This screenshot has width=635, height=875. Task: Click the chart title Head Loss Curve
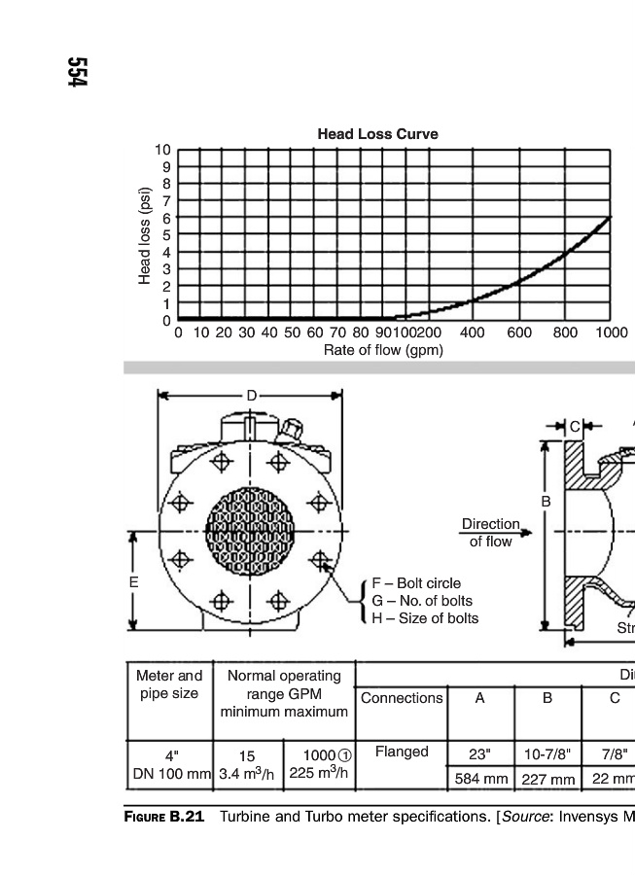pos(377,134)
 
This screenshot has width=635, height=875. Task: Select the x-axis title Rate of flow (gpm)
pos(383,350)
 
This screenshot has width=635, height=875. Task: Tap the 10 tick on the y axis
pos(161,150)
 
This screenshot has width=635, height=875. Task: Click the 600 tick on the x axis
pos(518,333)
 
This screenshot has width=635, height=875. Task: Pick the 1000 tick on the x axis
pos(612,333)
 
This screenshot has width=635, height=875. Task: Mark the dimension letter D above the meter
pos(251,396)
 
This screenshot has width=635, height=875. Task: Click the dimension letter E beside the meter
pos(134,581)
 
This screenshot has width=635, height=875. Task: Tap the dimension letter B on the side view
pos(547,502)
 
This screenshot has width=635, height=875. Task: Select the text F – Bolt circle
pos(416,583)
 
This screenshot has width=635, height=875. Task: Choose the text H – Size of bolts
pos(425,618)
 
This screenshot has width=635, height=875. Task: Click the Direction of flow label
pos(490,533)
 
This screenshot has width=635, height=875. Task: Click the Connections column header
pos(402,698)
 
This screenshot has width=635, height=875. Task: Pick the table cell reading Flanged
pos(402,752)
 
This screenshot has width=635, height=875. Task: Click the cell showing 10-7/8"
pos(547,753)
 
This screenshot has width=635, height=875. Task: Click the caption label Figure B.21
pos(163,817)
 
